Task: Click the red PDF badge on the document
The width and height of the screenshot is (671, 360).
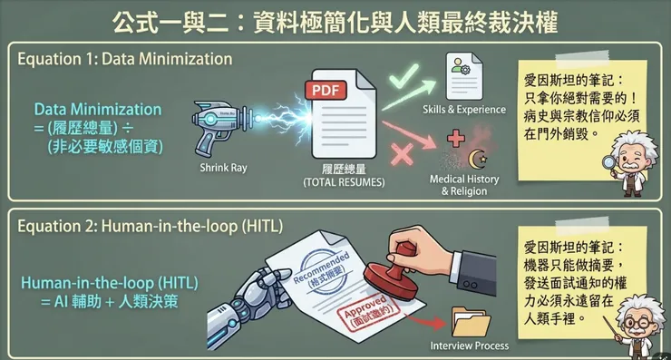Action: coord(326,90)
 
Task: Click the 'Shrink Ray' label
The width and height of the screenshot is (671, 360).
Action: coord(223,168)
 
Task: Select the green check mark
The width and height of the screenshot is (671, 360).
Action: coord(404,75)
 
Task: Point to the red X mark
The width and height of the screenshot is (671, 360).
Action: coord(402,153)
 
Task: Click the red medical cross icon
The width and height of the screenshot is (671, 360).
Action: coord(456,138)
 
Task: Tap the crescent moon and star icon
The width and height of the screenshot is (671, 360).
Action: coord(478,159)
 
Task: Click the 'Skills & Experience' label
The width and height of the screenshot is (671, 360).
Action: coord(464,110)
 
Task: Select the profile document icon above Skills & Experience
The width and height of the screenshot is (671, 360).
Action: coord(464,76)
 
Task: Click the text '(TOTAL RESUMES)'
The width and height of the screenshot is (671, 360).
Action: coord(344,182)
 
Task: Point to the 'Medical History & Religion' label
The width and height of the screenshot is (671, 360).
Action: coord(464,185)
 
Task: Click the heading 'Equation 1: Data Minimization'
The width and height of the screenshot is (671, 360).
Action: coord(125,59)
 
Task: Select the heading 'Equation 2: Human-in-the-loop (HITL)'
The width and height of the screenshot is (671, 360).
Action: coord(151,226)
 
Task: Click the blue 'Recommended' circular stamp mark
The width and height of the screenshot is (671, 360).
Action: coord(322,271)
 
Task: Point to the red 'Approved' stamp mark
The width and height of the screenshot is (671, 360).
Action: coord(368,313)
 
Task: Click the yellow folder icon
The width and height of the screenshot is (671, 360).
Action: coord(472,322)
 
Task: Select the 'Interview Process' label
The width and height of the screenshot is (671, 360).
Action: coord(470,345)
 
